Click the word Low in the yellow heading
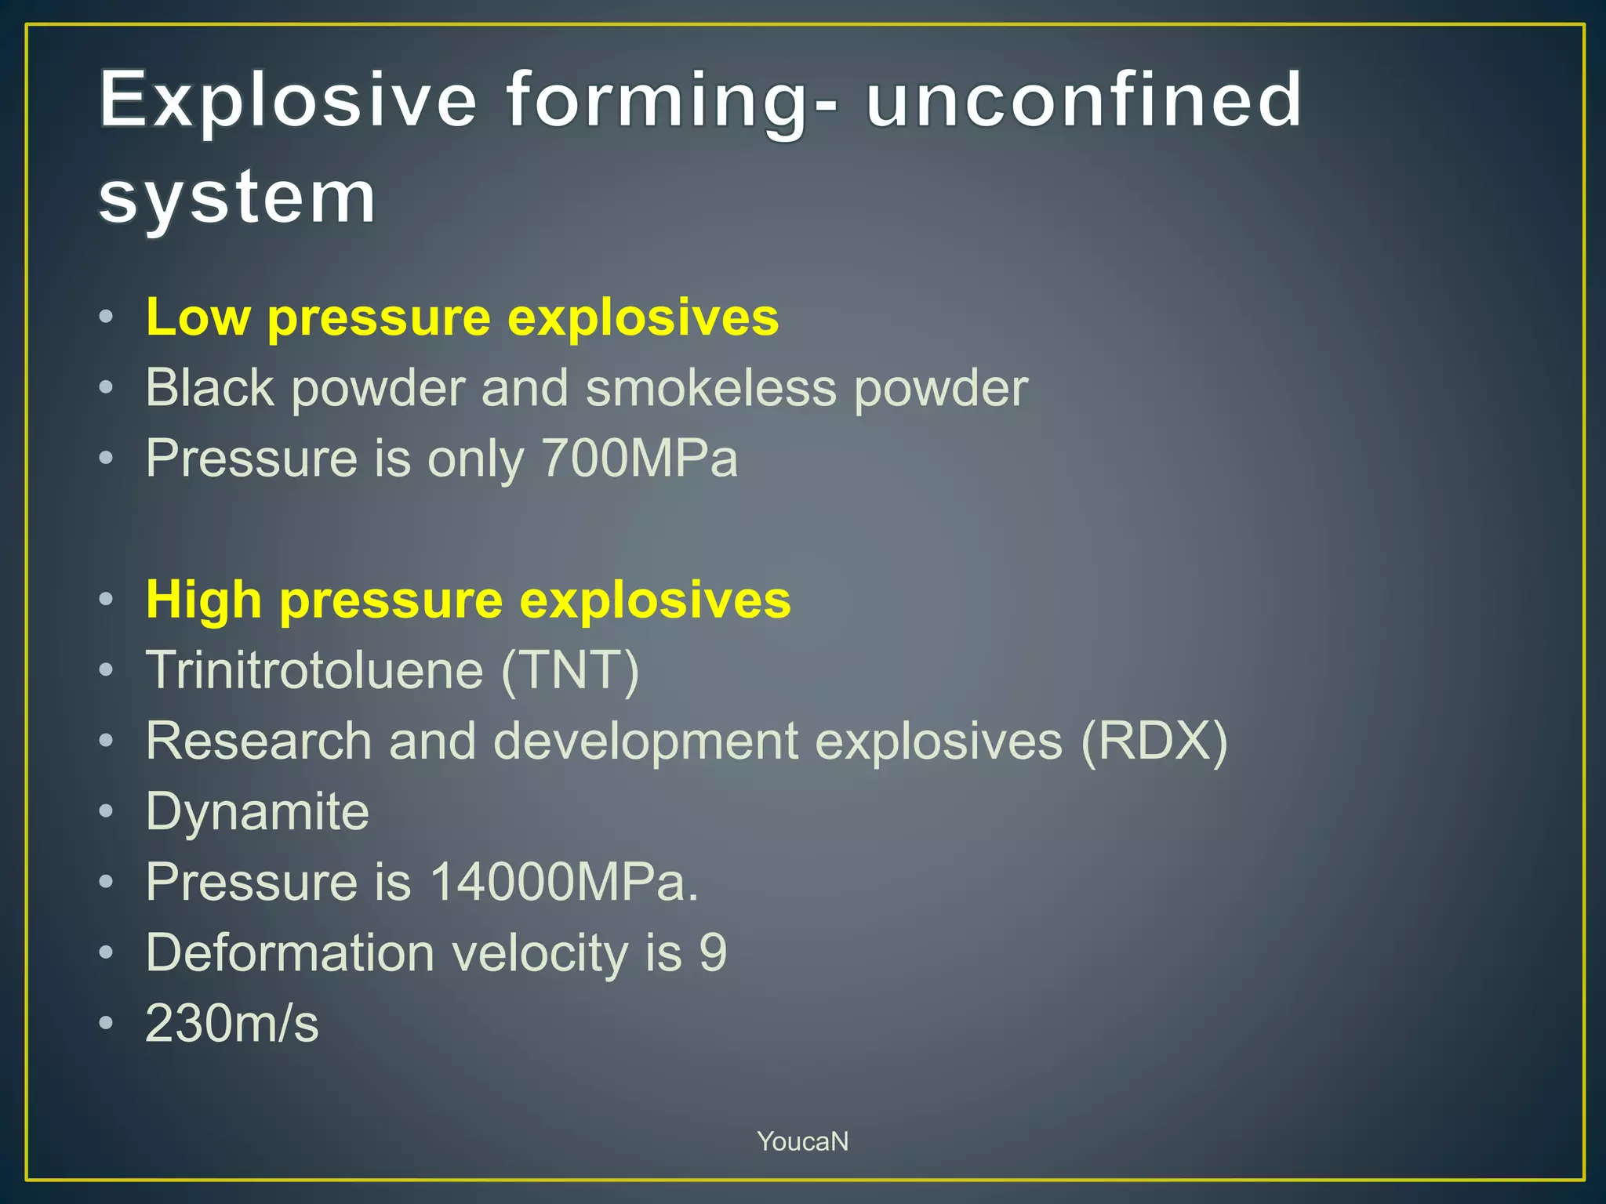pos(198,317)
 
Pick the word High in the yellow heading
pos(204,600)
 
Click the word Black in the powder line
pos(209,388)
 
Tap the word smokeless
pos(710,388)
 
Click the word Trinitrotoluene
pos(314,671)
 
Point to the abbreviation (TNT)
pos(570,671)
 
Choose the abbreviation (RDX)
pos(1154,742)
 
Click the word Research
pos(258,742)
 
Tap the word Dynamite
pos(257,812)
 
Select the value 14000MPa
pos(563,883)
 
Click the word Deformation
pos(290,953)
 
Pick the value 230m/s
pos(232,1024)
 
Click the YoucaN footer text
pos(802,1141)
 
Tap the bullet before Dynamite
pos(107,811)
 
